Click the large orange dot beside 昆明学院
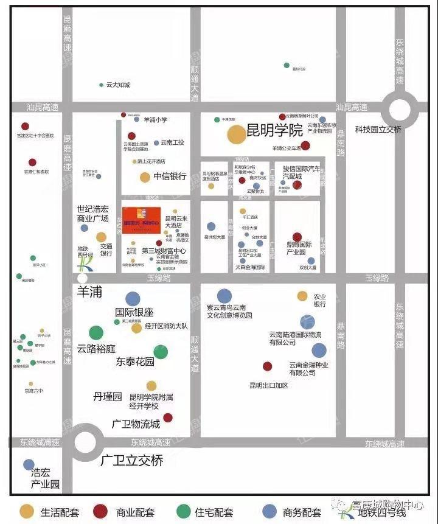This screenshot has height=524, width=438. (x=237, y=134)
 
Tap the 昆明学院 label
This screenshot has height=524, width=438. (x=274, y=130)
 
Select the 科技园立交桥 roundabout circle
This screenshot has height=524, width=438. (x=400, y=110)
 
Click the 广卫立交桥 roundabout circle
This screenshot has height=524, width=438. (x=86, y=442)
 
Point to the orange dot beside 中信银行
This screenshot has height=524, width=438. (x=145, y=177)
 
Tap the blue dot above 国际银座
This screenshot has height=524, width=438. (x=133, y=298)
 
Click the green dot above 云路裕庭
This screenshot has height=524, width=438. (x=96, y=333)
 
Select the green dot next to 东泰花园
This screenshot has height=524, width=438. (x=161, y=352)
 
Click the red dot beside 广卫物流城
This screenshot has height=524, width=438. (x=168, y=417)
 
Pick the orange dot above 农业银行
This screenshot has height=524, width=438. (x=302, y=296)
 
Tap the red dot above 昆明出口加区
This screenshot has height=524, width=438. (x=267, y=366)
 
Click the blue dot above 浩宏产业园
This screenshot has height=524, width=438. (x=29, y=464)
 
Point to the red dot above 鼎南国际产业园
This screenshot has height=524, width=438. (x=297, y=237)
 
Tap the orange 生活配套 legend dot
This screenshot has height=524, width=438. (x=27, y=511)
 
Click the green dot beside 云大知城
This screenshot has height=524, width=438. (x=101, y=85)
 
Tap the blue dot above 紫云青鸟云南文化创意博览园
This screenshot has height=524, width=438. (x=224, y=296)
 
